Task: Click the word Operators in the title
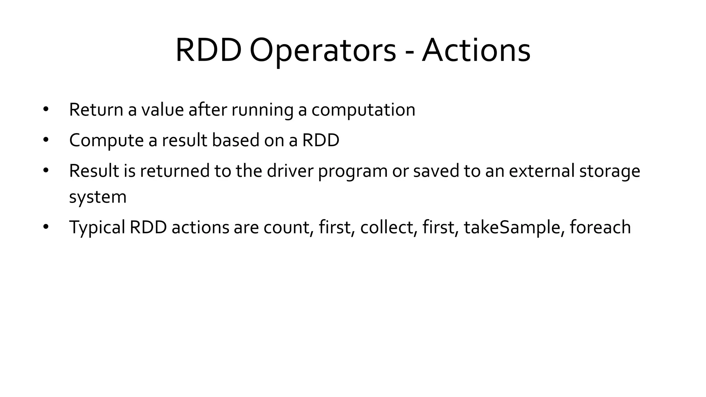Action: [323, 51]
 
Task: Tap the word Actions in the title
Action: [476, 51]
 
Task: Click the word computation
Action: [363, 110]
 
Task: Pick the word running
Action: [262, 110]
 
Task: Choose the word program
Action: [353, 172]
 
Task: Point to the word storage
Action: [609, 172]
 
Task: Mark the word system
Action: [98, 197]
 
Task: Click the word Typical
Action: [97, 227]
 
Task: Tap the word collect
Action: [386, 227]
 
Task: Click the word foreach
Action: [600, 227]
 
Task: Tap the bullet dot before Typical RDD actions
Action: [46, 227]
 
